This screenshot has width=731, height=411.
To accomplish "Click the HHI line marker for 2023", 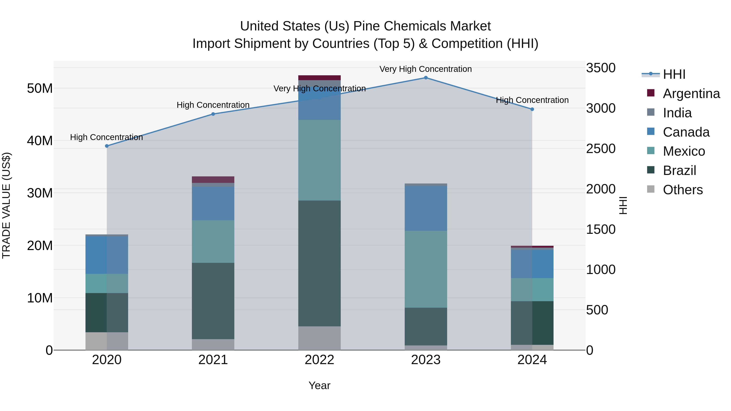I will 426,78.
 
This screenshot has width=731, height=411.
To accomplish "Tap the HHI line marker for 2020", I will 107,146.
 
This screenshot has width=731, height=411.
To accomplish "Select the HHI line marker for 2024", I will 532,109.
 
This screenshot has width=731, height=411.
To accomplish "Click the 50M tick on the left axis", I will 40,88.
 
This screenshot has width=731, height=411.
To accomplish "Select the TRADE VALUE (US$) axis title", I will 6,205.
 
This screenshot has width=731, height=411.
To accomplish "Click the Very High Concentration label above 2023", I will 425,69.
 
